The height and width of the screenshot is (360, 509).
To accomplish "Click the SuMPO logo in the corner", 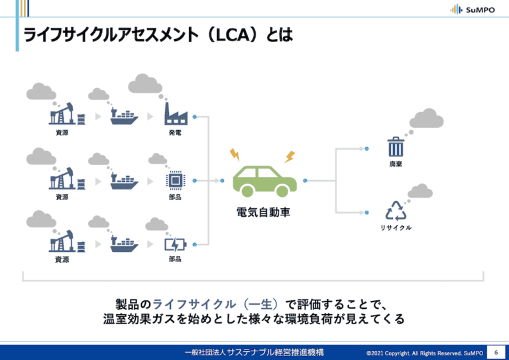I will coord(472,9).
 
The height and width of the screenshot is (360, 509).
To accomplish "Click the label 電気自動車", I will coord(264,213).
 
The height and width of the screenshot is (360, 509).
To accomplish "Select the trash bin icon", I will coord(396,146).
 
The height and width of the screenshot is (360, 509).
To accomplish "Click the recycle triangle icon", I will coord(396,210).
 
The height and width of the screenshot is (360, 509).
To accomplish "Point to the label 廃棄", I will coord(396,164).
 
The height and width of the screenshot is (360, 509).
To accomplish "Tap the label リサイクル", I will coord(396,228).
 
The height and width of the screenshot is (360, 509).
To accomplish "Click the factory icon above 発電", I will coord(176,115).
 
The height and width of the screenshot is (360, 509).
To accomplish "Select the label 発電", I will coord(175,133).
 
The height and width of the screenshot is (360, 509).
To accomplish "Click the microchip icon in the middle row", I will coord(175,179).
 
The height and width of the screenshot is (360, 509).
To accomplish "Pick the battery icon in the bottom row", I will coord(175,243).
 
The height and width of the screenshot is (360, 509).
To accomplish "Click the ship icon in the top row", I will coord(123,117).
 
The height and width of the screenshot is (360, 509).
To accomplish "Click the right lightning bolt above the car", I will coord(289,156).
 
